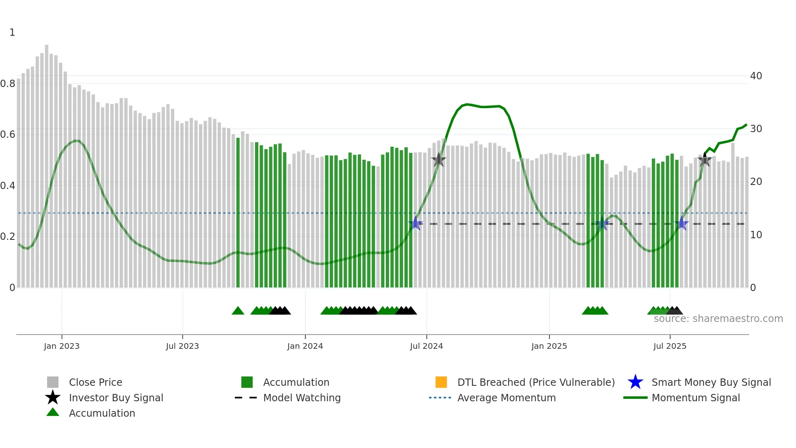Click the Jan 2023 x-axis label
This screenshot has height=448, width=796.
click(x=62, y=346)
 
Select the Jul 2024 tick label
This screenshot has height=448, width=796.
click(x=426, y=346)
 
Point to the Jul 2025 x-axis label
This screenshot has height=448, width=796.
click(x=670, y=346)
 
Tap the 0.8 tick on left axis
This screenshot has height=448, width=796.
click(x=8, y=84)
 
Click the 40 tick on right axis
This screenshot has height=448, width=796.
click(x=756, y=76)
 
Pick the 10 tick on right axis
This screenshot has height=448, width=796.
click(x=756, y=235)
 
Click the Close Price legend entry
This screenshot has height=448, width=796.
click(x=95, y=382)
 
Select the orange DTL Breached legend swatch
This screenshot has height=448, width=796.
click(x=441, y=382)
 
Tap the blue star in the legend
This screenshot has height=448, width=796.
click(x=635, y=382)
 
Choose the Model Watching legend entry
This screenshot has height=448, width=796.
click(x=302, y=398)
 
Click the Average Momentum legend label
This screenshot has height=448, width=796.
click(x=506, y=398)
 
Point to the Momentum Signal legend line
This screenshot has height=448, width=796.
click(x=635, y=398)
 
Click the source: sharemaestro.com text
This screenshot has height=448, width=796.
click(x=718, y=319)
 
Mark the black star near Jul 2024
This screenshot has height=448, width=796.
click(x=439, y=160)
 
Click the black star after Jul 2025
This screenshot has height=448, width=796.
click(x=705, y=160)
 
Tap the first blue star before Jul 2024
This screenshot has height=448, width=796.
click(x=415, y=224)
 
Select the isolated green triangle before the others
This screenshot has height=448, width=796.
click(x=238, y=311)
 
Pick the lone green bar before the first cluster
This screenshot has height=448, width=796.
click(x=238, y=211)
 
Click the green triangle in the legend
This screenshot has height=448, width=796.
click(x=53, y=413)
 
